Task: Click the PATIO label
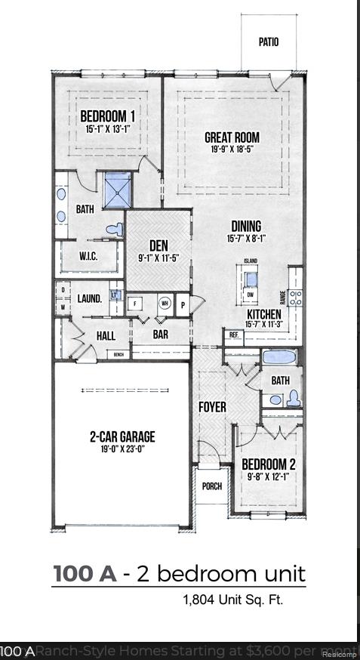coord(268,42)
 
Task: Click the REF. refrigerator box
coord(234,335)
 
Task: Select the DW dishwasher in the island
coord(251,294)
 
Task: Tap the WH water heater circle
coord(163,304)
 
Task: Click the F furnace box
coord(136,304)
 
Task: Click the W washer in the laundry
coord(62,307)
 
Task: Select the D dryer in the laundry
coord(62,291)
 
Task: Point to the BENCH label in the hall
coord(118,354)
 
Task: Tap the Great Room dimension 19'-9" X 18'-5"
coord(232,150)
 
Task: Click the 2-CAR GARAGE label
coord(122,436)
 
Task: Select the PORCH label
coord(212,486)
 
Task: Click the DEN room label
coord(158,245)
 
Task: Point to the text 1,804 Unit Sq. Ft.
coord(232,600)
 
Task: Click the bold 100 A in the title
coord(85,574)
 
